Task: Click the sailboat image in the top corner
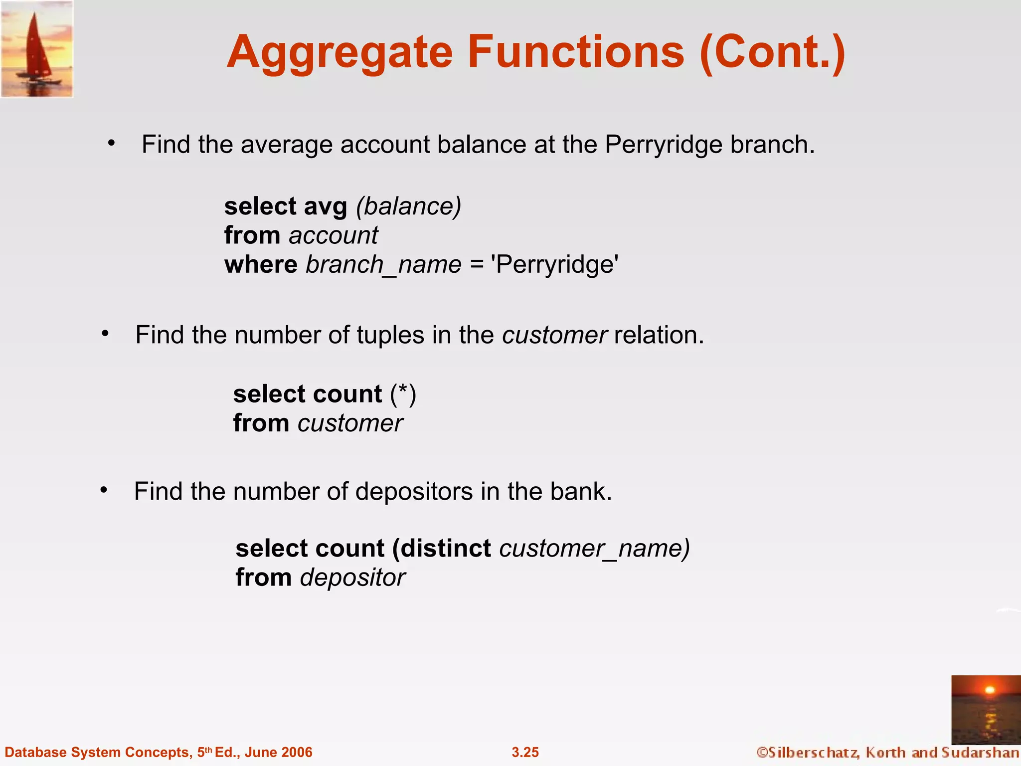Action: [x=37, y=49]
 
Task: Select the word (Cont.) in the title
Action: [x=772, y=53]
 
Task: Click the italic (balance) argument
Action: [x=409, y=206]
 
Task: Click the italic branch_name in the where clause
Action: [x=383, y=264]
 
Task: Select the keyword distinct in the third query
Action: [x=446, y=549]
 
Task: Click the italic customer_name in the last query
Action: [x=593, y=549]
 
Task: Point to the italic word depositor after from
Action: [x=353, y=577]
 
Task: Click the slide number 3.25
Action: [x=525, y=752]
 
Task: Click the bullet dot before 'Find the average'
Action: [x=112, y=144]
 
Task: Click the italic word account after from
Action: [x=334, y=235]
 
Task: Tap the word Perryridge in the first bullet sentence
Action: [x=664, y=145]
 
